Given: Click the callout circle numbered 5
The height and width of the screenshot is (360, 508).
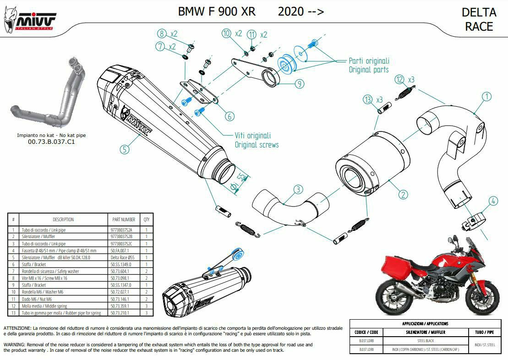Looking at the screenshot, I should coord(124,148).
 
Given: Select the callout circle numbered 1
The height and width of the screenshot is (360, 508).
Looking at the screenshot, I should coord(486,96).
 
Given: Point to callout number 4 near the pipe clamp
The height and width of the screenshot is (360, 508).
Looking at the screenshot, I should coord(492,201).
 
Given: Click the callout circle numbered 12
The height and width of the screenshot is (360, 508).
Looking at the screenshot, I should coord(399,79).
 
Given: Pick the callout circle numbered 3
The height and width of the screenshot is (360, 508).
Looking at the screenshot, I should coord(298,189).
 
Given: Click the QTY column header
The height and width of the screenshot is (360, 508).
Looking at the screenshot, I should coord(146,219).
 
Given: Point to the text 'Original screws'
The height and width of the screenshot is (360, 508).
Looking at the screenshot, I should coord(257,145).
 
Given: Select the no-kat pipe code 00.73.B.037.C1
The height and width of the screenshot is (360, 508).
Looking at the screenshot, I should coord(51,142).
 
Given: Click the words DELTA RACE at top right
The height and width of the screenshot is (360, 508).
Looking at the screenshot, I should coord(479,19).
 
